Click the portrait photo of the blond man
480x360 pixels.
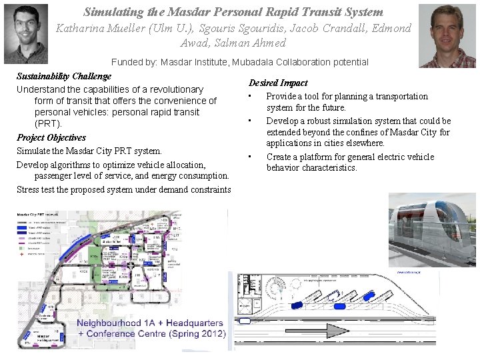tap(447, 35)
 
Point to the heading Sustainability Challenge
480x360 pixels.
tap(63, 76)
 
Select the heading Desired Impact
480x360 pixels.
tap(278, 83)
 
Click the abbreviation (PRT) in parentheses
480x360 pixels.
tap(48, 124)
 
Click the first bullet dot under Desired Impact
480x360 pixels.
tap(249, 97)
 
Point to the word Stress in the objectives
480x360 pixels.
tap(29, 189)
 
